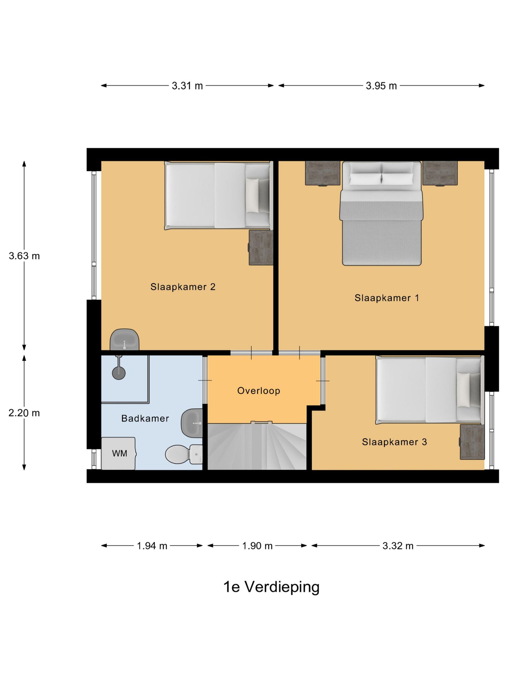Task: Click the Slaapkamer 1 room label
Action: (x=387, y=298)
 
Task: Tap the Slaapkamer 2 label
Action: (x=183, y=287)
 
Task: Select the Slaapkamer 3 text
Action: (x=394, y=442)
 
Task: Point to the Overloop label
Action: (x=259, y=391)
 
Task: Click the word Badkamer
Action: (x=145, y=419)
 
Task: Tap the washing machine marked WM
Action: (x=119, y=453)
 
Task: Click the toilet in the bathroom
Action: (x=184, y=454)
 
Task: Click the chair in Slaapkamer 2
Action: (x=125, y=340)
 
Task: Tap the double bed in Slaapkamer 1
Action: (x=381, y=213)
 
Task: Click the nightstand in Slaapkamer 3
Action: (x=472, y=442)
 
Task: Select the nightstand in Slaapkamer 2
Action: (x=261, y=248)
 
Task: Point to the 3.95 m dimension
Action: (x=381, y=86)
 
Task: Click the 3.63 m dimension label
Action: (x=24, y=256)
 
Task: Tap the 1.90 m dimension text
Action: (x=257, y=546)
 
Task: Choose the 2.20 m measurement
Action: (x=24, y=413)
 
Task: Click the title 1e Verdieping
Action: (x=271, y=587)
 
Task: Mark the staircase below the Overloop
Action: (x=257, y=446)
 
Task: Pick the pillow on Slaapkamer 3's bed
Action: (x=463, y=390)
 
